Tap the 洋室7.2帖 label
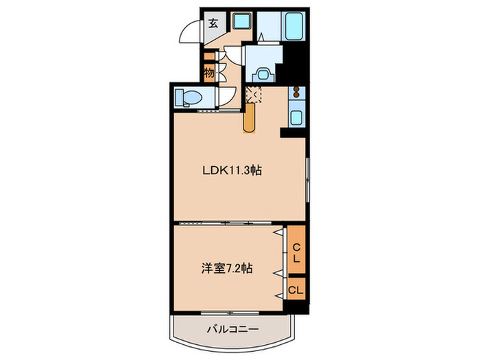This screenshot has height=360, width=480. click(x=226, y=268)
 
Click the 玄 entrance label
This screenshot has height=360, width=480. click(x=213, y=23)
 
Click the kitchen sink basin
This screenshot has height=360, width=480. click(x=296, y=117)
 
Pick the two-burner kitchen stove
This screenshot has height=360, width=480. click(x=296, y=92)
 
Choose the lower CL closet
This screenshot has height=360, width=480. click(x=296, y=289)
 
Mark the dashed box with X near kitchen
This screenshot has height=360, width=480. click(x=253, y=95)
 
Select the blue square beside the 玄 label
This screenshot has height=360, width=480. click(x=241, y=21)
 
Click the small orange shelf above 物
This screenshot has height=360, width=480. click(x=208, y=57)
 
